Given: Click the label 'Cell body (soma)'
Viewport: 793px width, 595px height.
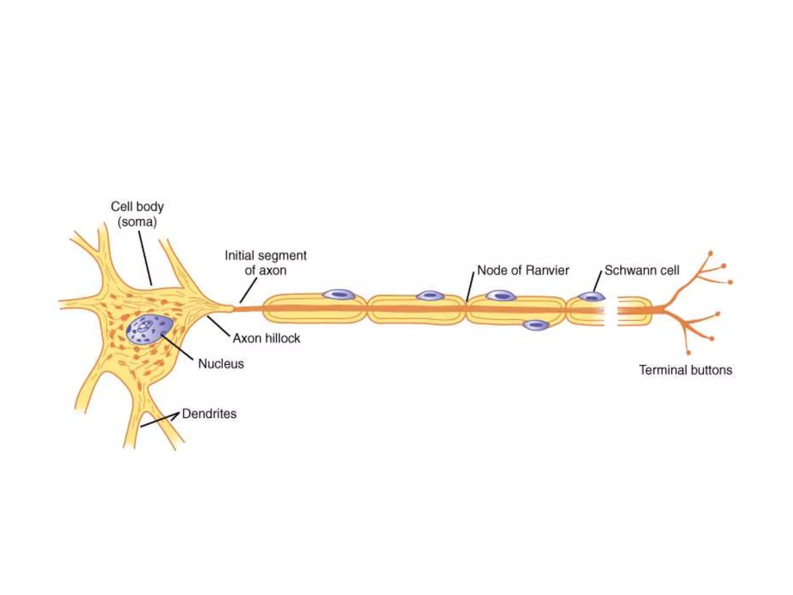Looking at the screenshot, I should (x=137, y=214).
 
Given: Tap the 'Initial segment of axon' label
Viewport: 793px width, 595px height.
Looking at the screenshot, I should (x=266, y=263).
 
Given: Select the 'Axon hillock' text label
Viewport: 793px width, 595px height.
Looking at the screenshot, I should (x=266, y=338).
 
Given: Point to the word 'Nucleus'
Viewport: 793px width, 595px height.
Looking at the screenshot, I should (x=221, y=363).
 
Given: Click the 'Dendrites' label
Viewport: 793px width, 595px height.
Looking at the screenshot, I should (x=209, y=414).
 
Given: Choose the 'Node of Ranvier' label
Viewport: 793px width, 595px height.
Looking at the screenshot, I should (x=523, y=270).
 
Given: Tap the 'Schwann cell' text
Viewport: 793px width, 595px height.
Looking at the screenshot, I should (x=642, y=270).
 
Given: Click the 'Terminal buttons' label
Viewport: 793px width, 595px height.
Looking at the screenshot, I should (x=685, y=370).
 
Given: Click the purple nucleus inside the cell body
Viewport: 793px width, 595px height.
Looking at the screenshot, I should (x=149, y=329).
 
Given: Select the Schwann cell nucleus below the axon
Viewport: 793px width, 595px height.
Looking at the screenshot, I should (x=536, y=325).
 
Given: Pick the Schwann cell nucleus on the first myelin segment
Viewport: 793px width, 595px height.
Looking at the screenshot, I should (x=339, y=295).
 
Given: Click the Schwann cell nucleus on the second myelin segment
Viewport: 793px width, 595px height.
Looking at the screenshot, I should (x=430, y=296).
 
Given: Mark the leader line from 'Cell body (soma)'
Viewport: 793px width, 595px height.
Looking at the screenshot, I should (x=145, y=258).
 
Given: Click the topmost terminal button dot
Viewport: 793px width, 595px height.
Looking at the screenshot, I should (x=711, y=253).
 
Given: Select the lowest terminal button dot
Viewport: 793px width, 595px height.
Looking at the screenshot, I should (x=688, y=353).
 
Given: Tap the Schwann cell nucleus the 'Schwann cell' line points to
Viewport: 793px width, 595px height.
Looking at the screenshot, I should (x=591, y=297).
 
